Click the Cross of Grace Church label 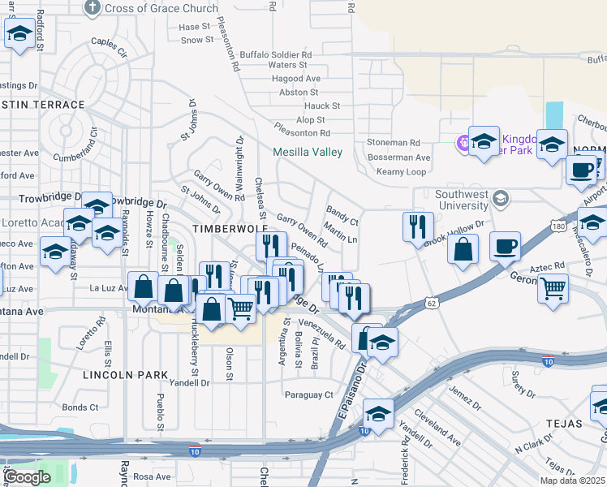[x=161, y=8]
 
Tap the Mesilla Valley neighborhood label [x=308, y=152]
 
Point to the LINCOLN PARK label [x=125, y=375]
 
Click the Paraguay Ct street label [x=309, y=395]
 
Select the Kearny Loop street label [x=401, y=172]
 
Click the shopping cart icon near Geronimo [x=553, y=287]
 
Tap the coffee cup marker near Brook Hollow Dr [x=505, y=245]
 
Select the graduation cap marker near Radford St [x=18, y=34]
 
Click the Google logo [x=28, y=476]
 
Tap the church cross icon [x=93, y=8]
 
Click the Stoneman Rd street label [x=393, y=142]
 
